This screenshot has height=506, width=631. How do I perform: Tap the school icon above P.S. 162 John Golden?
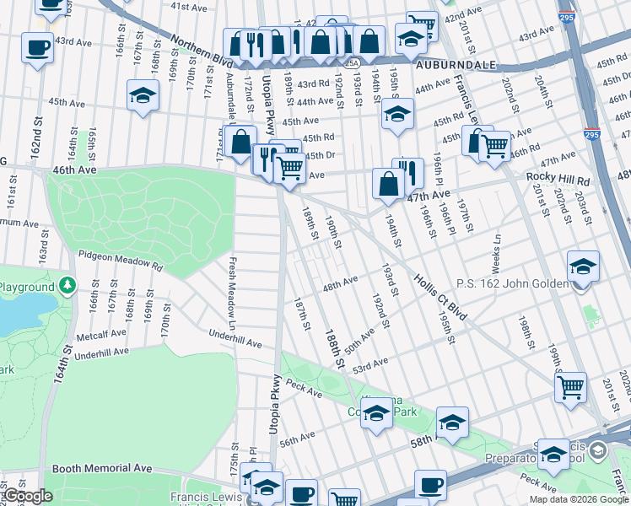pyautogui.click(x=583, y=266)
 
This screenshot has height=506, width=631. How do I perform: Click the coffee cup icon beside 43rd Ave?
pyautogui.click(x=38, y=47)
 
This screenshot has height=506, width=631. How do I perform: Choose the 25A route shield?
pyautogui.click(x=352, y=62)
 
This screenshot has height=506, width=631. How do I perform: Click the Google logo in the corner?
pyautogui.click(x=27, y=496)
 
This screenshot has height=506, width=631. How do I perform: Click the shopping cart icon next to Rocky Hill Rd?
pyautogui.click(x=495, y=147)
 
